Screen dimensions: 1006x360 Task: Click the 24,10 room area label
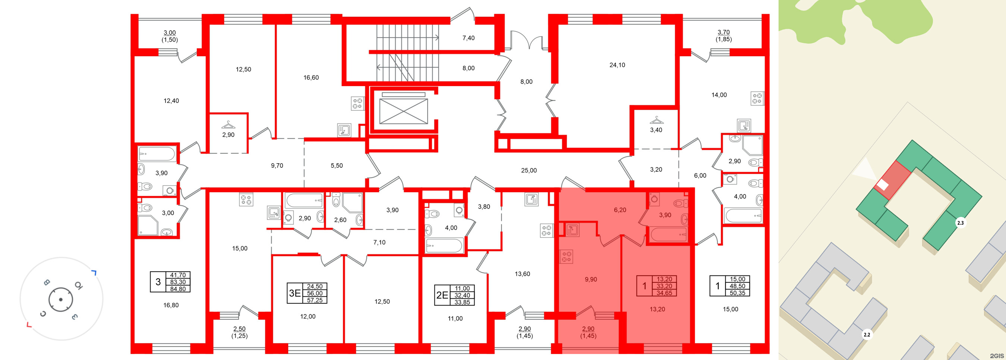tap(617, 65)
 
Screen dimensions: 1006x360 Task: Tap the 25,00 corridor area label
tap(529, 171)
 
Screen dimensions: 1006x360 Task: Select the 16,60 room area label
tap(311, 78)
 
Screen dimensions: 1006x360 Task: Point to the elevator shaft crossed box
tap(403, 111)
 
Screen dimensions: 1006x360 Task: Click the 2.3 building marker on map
tap(960, 223)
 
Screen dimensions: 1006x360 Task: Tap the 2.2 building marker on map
tap(867, 335)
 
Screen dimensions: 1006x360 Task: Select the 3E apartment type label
tap(295, 293)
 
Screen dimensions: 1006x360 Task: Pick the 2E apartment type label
tap(442, 295)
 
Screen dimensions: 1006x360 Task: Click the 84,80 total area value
tap(178, 289)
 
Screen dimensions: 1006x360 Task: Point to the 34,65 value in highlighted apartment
tap(664, 293)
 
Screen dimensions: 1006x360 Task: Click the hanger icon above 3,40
tap(656, 120)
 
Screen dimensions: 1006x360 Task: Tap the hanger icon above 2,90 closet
tap(228, 124)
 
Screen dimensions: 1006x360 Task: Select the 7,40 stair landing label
tap(468, 38)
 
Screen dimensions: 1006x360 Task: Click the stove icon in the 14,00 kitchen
tap(757, 98)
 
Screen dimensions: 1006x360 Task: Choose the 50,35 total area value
tap(737, 293)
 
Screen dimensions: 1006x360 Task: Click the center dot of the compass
tap(60, 300)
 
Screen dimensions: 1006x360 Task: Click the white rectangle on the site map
tap(883, 186)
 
